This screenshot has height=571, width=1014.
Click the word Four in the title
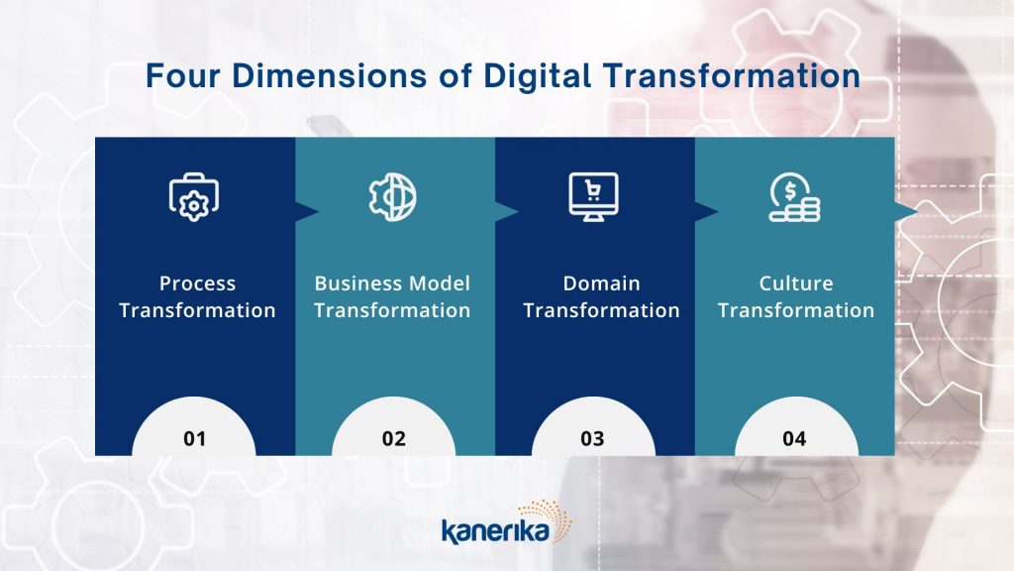coord(183,75)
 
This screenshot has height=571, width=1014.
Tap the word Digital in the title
coord(538,75)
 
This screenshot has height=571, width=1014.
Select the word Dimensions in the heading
coord(329,75)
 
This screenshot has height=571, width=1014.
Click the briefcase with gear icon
coord(194,197)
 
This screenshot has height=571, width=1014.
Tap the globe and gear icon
coord(392,197)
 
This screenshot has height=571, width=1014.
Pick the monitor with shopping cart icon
coord(594,197)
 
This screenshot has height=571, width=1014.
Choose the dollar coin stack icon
coord(794,197)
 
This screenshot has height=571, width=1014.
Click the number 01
coord(195,439)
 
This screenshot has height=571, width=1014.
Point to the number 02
coord(394,439)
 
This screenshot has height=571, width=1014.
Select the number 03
coord(592,439)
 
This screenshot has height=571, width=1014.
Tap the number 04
coord(794,439)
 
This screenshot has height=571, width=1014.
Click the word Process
coord(197,284)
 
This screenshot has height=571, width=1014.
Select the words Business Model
coord(392,284)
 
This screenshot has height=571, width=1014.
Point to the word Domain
coord(601,284)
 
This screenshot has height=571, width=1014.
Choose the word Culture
coord(796,284)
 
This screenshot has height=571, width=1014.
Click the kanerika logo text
coord(495,531)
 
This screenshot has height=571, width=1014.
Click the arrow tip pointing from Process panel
coord(318,212)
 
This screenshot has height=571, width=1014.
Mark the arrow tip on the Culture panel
coord(917,212)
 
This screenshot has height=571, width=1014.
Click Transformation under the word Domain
coord(601,310)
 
